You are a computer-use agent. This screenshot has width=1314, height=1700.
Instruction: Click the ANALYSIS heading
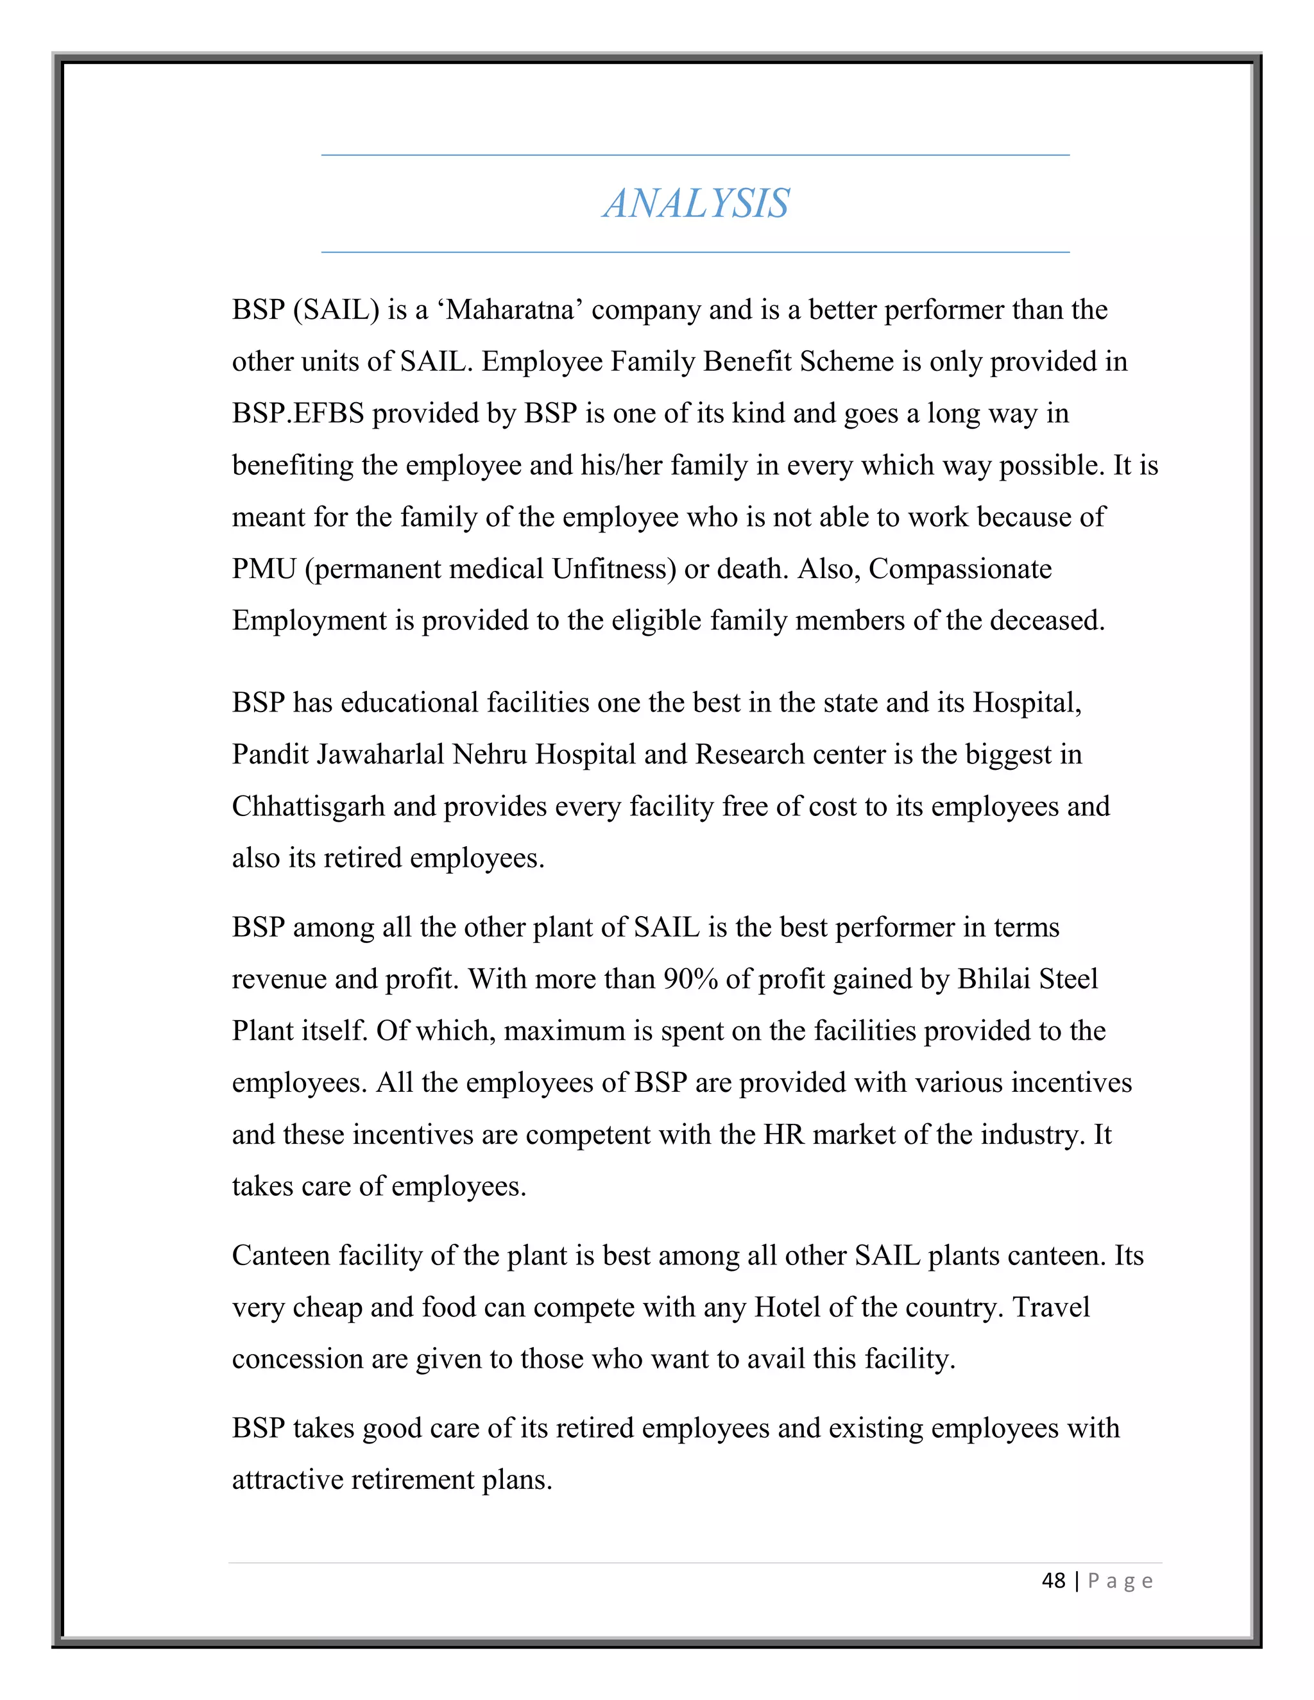pyautogui.click(x=696, y=204)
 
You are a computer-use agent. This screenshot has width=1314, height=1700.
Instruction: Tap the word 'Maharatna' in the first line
pyautogui.click(x=510, y=310)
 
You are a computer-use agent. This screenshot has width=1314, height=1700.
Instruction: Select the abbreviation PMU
pyautogui.click(x=264, y=569)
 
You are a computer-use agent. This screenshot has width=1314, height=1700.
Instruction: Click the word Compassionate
pyautogui.click(x=960, y=569)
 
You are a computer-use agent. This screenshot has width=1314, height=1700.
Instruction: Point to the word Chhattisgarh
pyautogui.click(x=308, y=806)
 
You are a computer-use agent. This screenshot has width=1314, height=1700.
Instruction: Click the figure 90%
pyautogui.click(x=690, y=979)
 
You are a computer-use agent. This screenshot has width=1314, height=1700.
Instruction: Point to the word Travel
pyautogui.click(x=1051, y=1307)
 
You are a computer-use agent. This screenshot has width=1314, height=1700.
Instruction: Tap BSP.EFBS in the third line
pyautogui.click(x=298, y=413)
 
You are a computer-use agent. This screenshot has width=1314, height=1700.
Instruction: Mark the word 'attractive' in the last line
pyautogui.click(x=288, y=1480)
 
